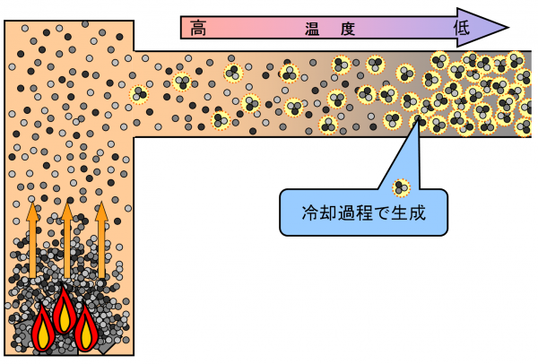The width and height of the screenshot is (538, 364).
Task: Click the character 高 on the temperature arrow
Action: coord(199,28)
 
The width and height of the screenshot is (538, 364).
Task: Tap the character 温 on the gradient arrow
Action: coord(313,28)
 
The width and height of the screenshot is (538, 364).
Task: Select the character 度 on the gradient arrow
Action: coord(348,28)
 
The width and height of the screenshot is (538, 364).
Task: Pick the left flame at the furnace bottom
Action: coord(43,330)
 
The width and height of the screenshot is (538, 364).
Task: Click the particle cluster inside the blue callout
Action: coord(401,188)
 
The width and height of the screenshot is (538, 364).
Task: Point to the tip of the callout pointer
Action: coord(418,119)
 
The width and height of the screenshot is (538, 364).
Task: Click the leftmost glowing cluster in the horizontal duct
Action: coord(139,93)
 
